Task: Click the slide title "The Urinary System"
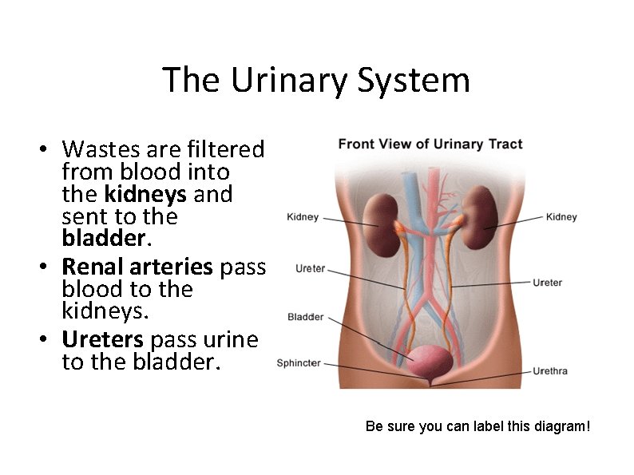(316, 80)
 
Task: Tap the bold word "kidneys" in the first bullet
(145, 194)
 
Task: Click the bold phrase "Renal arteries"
(138, 267)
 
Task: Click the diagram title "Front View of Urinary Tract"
(430, 144)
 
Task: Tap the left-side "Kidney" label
(303, 217)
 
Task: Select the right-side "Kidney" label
(561, 217)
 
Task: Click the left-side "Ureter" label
(311, 269)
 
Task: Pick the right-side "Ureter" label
(547, 283)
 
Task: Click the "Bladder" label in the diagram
(306, 317)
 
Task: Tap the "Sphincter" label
(299, 363)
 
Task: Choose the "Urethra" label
(550, 371)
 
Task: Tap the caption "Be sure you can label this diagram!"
(477, 426)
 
